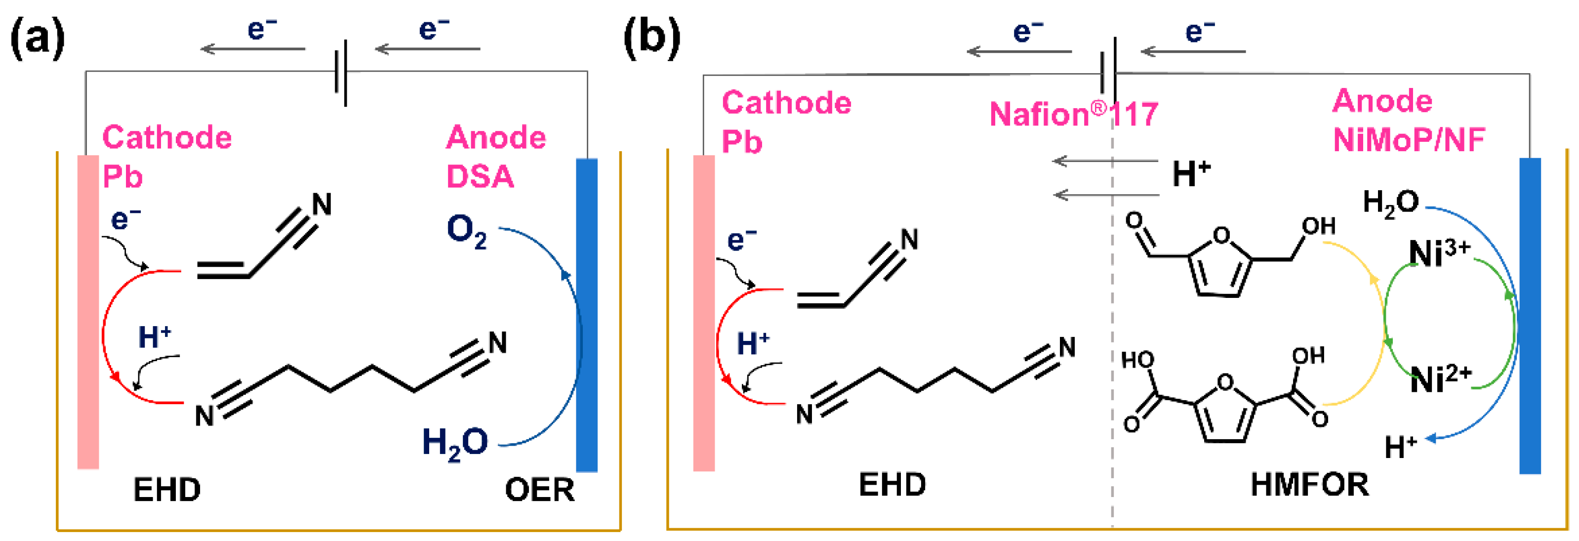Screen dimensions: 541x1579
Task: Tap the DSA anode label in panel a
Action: (x=480, y=177)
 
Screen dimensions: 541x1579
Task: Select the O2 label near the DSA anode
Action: (x=466, y=232)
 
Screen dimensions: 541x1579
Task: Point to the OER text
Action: (x=539, y=490)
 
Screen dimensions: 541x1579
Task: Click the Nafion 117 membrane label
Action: (x=1073, y=114)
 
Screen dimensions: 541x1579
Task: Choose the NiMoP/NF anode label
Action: (x=1409, y=140)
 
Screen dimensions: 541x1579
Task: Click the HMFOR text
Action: (x=1309, y=485)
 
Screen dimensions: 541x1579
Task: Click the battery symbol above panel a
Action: (x=341, y=72)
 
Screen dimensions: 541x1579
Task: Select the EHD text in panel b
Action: (x=892, y=485)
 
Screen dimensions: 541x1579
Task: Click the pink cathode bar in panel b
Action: (x=704, y=313)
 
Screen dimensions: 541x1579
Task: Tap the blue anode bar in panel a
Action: (x=587, y=315)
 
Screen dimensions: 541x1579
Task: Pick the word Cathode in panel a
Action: (x=167, y=137)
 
